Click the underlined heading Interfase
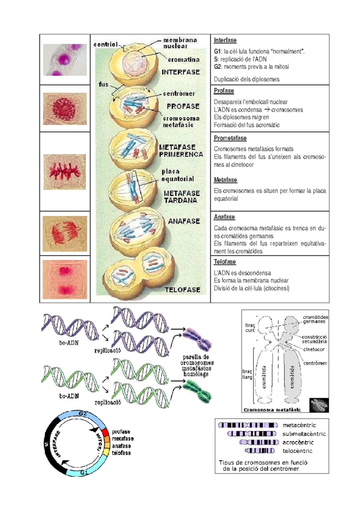225,40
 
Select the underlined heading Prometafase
230,138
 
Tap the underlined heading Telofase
225,262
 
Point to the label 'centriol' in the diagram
106,44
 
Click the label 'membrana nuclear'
180,43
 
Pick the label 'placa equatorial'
178,175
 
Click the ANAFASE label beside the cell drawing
184,221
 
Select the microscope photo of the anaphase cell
65,234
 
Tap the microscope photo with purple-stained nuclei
65,60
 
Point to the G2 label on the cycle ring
83,414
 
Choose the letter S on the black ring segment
46,444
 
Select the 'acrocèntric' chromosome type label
298,442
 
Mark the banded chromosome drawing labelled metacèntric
248,425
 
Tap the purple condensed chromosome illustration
197,340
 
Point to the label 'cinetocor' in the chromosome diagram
314,350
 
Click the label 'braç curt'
250,328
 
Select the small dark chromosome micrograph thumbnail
319,405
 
